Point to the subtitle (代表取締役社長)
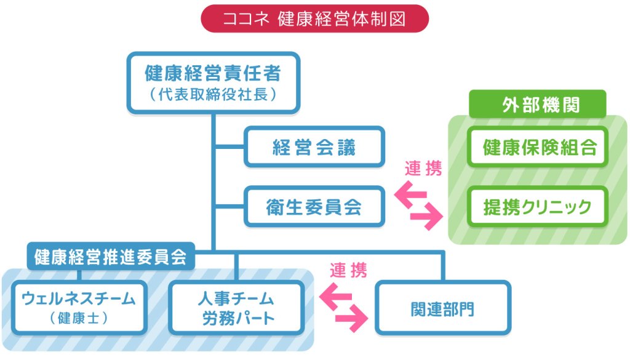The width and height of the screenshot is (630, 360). pos(213,95)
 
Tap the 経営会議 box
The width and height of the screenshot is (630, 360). pos(314,147)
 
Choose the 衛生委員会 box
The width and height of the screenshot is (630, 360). pos(314,207)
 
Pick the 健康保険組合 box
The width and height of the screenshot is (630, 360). pos(537,148)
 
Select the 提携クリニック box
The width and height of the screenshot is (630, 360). pos(537,207)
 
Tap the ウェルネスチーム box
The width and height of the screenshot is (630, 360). pos(78,306)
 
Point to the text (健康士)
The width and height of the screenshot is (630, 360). pos(78,319)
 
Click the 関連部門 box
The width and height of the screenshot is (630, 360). pos(442,308)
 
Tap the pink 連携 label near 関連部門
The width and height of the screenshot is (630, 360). pos(348,270)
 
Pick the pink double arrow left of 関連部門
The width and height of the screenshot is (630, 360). pos(345,306)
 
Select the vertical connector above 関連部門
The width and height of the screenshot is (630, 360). pos(442,266)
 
